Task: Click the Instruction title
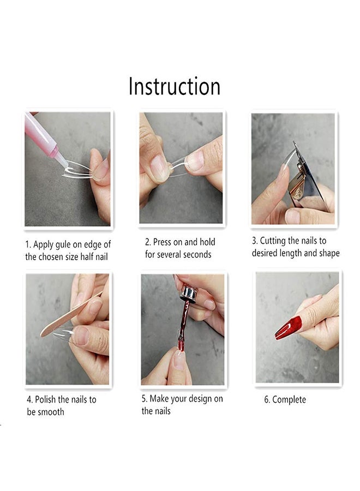pos(175,87)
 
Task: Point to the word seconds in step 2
pos(195,255)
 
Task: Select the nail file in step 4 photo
pos(68,315)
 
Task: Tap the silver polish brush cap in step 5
pos(188,294)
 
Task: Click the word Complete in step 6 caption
pos(289,399)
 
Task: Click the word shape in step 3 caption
pos(327,253)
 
